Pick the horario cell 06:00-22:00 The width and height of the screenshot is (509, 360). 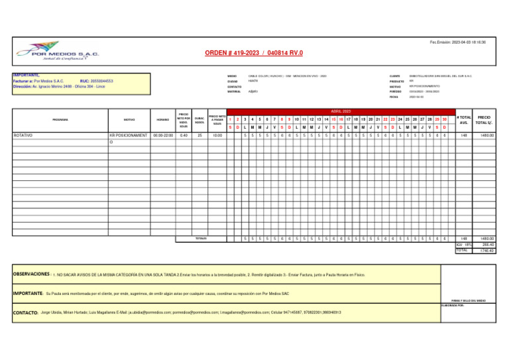[x=162, y=135]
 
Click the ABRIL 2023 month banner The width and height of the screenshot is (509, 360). [x=343, y=111]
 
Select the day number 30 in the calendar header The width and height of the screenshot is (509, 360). [x=445, y=119]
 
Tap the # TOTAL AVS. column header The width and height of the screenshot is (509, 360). [x=463, y=119]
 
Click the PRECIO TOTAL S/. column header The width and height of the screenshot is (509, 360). [x=484, y=119]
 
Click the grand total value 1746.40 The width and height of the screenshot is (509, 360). [x=488, y=250]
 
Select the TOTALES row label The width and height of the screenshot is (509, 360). [x=201, y=238]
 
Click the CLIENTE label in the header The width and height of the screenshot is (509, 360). [x=395, y=76]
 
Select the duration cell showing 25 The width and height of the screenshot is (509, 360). [x=199, y=135]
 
